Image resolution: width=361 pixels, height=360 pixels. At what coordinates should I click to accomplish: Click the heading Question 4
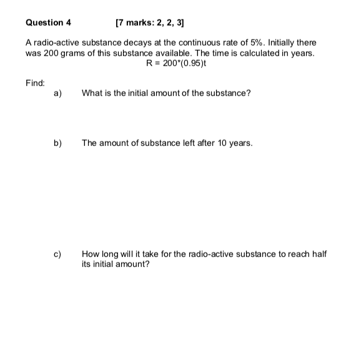pyautogui.click(x=48, y=22)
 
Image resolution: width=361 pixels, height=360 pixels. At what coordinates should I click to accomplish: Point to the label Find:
pyautogui.click(x=34, y=82)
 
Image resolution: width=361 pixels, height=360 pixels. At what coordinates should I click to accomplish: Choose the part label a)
pyautogui.click(x=57, y=93)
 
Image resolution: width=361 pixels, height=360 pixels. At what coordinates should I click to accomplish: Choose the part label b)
pyautogui.click(x=57, y=143)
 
